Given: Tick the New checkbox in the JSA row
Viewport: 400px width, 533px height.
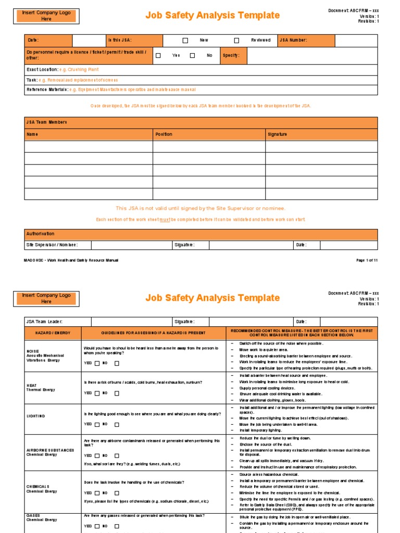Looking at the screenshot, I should tap(185, 40).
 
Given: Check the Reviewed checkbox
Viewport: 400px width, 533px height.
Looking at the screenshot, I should tap(236, 40).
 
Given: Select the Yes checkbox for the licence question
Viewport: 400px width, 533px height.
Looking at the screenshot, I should tap(158, 55).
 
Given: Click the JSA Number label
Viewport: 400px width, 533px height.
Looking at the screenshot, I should tap(293, 40).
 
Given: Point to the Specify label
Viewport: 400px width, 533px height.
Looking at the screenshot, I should tap(231, 55).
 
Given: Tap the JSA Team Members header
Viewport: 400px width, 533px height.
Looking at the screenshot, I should tap(46, 122).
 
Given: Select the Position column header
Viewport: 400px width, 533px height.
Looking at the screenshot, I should tap(164, 134).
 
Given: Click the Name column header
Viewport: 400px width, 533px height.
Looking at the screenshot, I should tap(32, 134).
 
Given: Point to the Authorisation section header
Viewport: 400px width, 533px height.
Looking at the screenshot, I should tap(40, 234).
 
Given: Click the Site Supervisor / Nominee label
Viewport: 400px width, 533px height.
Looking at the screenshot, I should tap(52, 245).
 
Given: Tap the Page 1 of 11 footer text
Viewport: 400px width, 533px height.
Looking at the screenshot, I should tap(367, 260).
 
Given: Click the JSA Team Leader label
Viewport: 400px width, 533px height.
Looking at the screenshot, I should tap(44, 322).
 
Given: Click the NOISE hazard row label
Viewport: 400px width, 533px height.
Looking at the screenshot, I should tap(33, 351).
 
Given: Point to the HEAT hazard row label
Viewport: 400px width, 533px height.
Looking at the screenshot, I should tap(32, 385).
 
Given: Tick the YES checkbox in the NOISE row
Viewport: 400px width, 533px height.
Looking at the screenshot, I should tap(97, 363).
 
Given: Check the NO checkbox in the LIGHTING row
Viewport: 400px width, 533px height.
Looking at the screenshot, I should tap(117, 424).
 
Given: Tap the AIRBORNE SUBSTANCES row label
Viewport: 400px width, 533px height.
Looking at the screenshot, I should tap(50, 450).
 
